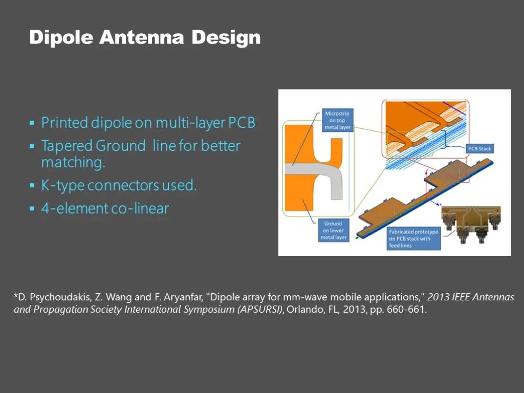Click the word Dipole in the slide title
pyautogui.click(x=61, y=37)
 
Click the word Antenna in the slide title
pyautogui.click(x=141, y=37)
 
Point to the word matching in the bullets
pyautogui.click(x=73, y=162)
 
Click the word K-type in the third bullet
pyautogui.click(x=62, y=185)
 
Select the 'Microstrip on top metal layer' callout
pyautogui.click(x=338, y=120)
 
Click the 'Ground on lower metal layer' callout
pyautogui.click(x=334, y=230)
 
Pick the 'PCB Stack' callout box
pyautogui.click(x=479, y=149)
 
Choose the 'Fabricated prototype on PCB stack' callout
pyautogui.click(x=413, y=238)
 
